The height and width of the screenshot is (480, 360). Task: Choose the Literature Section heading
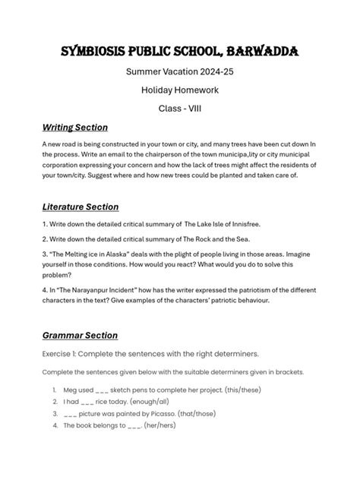[80, 207]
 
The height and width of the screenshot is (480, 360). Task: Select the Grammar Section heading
[79, 335]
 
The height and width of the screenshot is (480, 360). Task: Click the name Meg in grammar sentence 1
[72, 390]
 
